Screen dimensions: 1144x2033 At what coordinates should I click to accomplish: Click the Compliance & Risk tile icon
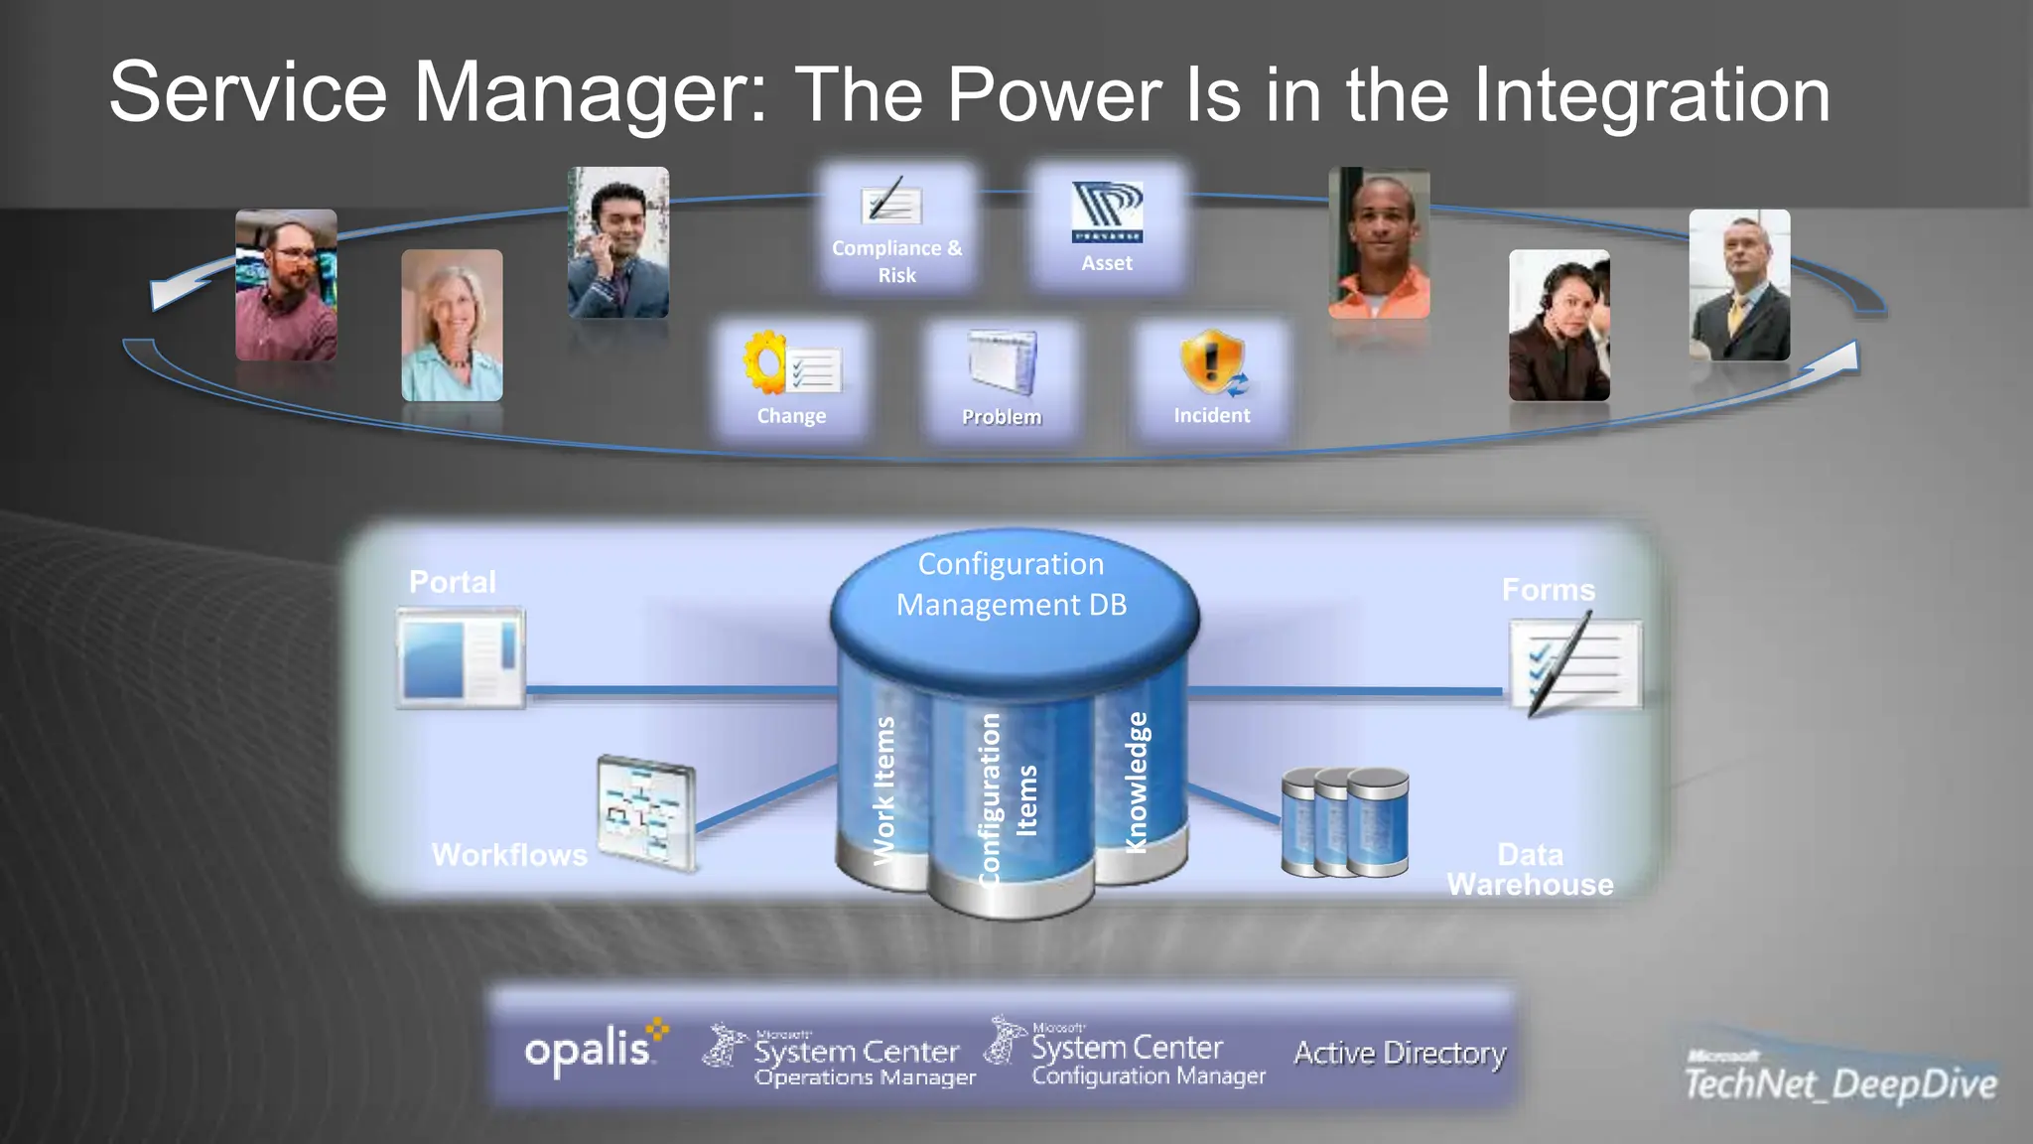tap(890, 205)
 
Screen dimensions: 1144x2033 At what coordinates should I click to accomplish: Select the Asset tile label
tap(1107, 263)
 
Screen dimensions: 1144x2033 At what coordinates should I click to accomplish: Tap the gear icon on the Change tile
tap(765, 362)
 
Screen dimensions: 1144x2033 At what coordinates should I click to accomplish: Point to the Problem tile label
tap(1002, 417)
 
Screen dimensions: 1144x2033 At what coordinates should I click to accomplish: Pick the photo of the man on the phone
tap(617, 242)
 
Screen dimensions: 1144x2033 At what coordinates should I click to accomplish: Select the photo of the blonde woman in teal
tap(452, 325)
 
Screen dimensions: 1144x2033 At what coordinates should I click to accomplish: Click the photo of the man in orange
tap(1379, 243)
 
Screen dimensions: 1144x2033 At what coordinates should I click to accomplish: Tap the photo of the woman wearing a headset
tap(1559, 325)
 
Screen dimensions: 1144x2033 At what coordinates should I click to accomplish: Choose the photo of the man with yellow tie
tap(1739, 285)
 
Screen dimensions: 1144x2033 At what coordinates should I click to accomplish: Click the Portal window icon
tap(461, 658)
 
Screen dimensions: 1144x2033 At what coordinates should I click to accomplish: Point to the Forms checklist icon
tap(1574, 663)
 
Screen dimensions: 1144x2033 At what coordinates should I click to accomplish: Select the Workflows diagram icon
tap(646, 812)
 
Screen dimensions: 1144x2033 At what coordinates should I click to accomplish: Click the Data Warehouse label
tap(1530, 869)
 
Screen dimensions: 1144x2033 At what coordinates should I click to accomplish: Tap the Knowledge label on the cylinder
tap(1137, 783)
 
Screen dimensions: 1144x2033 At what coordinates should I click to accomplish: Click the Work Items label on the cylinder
tap(883, 789)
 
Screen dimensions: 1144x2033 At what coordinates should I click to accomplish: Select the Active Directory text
tap(1400, 1053)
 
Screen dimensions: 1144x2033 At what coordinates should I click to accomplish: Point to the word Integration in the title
tap(1651, 94)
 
